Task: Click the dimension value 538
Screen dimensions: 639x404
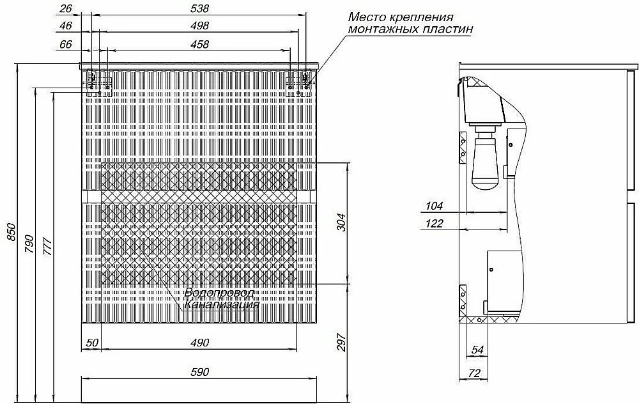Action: (199, 8)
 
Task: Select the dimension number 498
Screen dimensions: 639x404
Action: (199, 26)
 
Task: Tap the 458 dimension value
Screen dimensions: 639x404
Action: (199, 44)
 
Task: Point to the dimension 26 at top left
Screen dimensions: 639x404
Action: (66, 8)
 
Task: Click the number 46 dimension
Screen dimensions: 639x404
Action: (66, 26)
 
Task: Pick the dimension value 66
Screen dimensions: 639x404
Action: (66, 44)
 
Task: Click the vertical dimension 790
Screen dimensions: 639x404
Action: (29, 244)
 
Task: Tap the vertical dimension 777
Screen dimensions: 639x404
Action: (47, 247)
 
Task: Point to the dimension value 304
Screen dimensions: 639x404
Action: (341, 222)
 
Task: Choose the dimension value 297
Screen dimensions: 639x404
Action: (341, 343)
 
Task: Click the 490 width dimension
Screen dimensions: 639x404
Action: (199, 343)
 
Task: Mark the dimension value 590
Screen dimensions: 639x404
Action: (199, 372)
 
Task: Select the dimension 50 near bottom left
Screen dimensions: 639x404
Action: (92, 343)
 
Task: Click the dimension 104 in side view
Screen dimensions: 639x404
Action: (434, 206)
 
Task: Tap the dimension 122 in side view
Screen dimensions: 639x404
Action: (434, 223)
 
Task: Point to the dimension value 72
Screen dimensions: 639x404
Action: (474, 373)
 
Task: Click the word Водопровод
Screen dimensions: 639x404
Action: (219, 293)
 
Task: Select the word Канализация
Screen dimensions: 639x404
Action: (222, 304)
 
